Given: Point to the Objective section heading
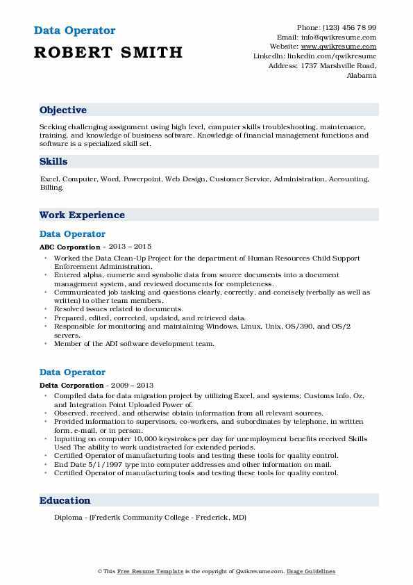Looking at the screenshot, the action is pos(63,110).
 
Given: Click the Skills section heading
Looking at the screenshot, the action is pos(53,161).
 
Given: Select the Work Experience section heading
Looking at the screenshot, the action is pos(82,215).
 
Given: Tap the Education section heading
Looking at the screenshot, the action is pos(65,500).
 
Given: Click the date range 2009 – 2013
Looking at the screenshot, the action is pos(130,385).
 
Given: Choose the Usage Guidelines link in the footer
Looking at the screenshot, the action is pos(312,571).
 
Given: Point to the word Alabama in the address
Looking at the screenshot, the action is pos(361,76).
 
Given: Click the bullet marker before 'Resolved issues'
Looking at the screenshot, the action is pos(46,309).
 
